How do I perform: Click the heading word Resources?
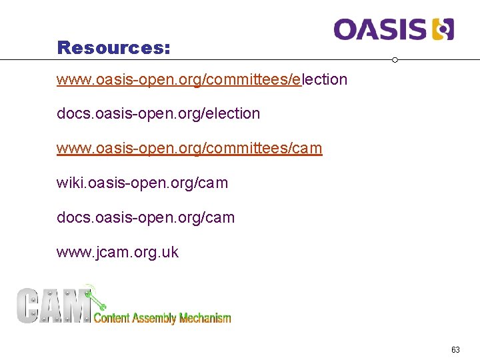[x=113, y=48]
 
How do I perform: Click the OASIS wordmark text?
[x=380, y=29]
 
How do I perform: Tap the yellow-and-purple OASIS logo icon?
[x=443, y=29]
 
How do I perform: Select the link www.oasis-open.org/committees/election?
[x=202, y=80]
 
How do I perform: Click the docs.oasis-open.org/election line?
[x=158, y=114]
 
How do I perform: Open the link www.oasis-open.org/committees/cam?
[x=189, y=148]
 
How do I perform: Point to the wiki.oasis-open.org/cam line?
[x=142, y=183]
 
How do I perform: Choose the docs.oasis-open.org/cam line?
[x=145, y=217]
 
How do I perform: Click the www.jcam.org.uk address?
[x=117, y=252]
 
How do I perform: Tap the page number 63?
[x=455, y=350]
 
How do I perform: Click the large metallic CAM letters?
[x=53, y=305]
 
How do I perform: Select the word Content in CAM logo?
[x=112, y=318]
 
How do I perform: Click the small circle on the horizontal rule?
[x=395, y=60]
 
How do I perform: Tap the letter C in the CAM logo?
[x=29, y=305]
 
